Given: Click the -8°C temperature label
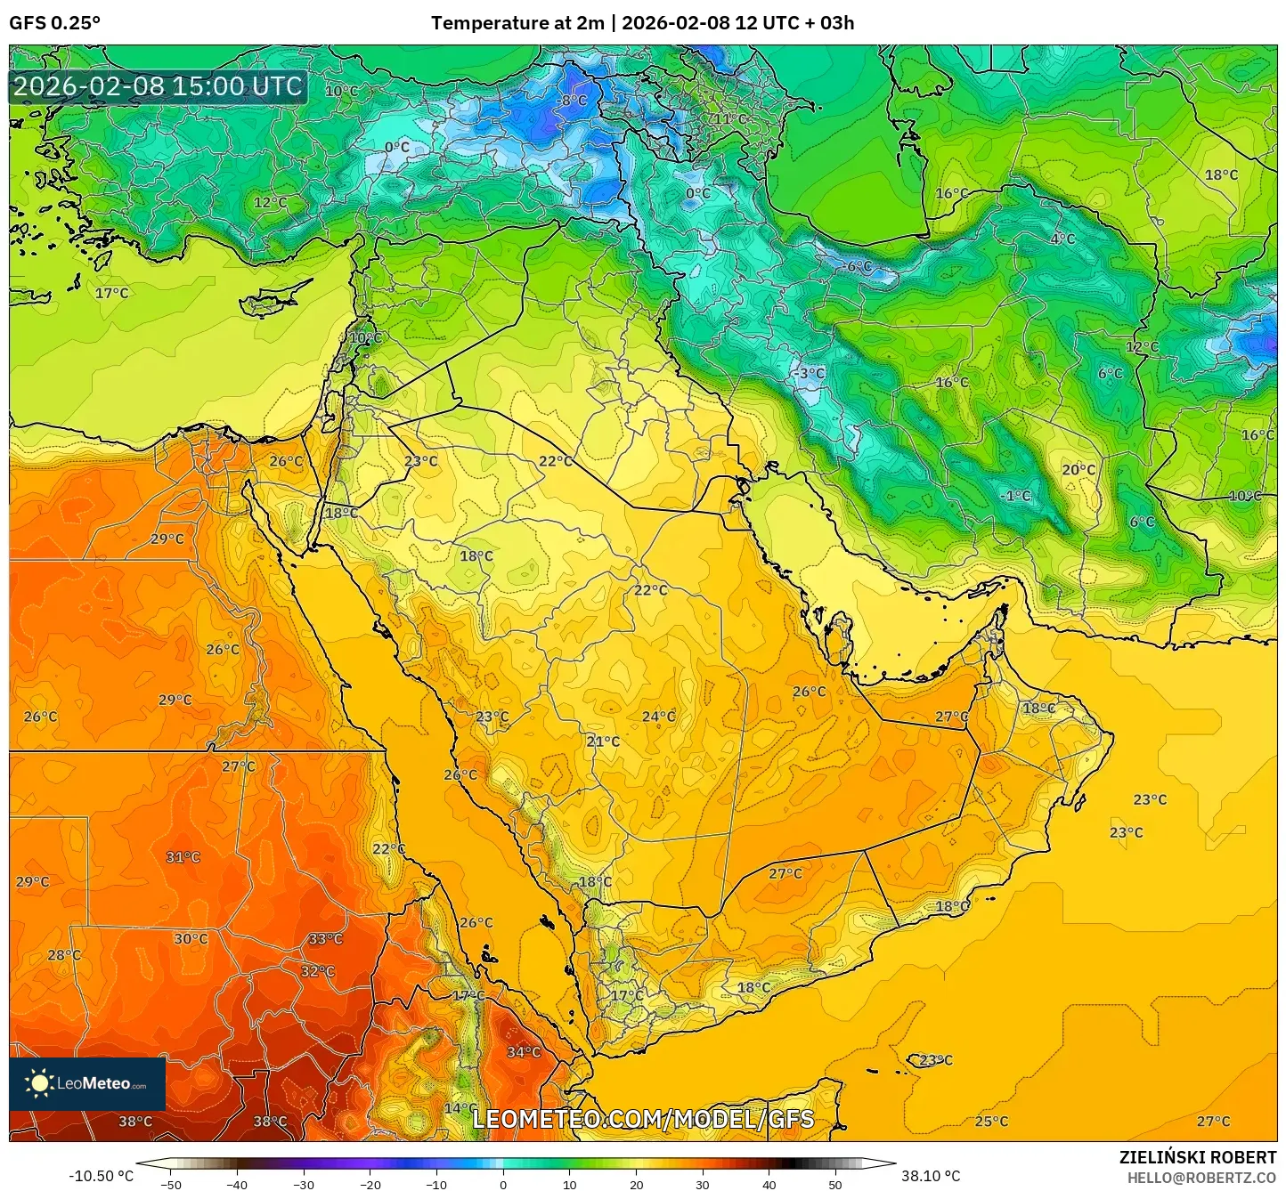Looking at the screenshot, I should point(573,101).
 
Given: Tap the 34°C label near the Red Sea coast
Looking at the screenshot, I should point(524,1052).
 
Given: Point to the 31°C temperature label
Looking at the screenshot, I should point(183,857).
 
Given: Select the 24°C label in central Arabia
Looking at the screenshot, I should point(659,717).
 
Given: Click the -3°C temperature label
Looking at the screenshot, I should point(810,374).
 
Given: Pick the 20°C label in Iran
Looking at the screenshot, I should point(1078,470).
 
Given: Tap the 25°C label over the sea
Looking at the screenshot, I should point(991,1122).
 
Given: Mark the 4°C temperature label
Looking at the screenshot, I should point(1062,239).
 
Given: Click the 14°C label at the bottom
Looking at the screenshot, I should point(459,1108).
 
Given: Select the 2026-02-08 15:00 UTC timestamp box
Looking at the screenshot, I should point(159,87).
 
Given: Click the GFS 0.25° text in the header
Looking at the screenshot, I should point(55,23).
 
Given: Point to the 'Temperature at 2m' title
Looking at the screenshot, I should point(517,23).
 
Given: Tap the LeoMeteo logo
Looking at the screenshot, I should point(87,1083).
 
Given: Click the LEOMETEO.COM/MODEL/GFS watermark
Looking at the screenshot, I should point(643,1119).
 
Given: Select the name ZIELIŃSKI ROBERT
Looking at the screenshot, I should point(1198,1157).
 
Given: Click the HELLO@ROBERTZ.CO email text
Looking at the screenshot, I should point(1201,1178).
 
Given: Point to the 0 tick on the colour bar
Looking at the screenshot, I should point(503,1184).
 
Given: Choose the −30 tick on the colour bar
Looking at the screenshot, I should point(304,1184).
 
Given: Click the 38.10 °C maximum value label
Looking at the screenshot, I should point(931,1176).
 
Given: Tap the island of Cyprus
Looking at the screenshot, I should point(272,300).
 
